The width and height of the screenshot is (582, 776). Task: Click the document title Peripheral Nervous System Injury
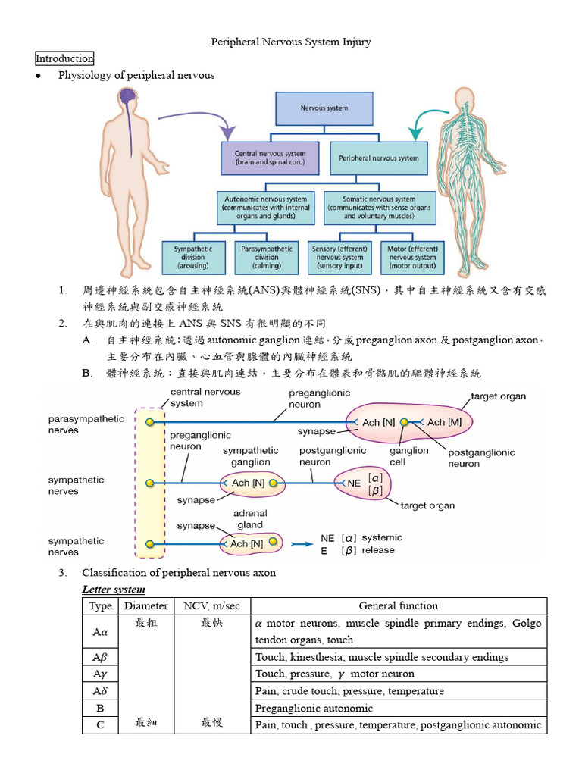tap(290, 42)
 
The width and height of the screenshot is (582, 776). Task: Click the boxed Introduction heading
tap(64, 58)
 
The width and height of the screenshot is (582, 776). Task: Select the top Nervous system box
tap(324, 108)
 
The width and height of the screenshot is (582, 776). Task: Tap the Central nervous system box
tap(271, 158)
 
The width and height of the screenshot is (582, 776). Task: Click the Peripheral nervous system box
tap(379, 158)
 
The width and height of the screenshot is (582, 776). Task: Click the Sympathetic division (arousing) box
tap(194, 258)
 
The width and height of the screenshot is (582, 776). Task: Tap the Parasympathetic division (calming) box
tap(265, 258)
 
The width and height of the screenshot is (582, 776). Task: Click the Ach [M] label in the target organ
tap(446, 422)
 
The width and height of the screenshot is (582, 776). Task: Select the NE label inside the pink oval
tap(353, 483)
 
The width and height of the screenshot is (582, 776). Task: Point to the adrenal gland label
tap(250, 518)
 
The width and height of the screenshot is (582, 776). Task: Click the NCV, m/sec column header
tap(212, 605)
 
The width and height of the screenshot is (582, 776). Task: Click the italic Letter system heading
tap(114, 589)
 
